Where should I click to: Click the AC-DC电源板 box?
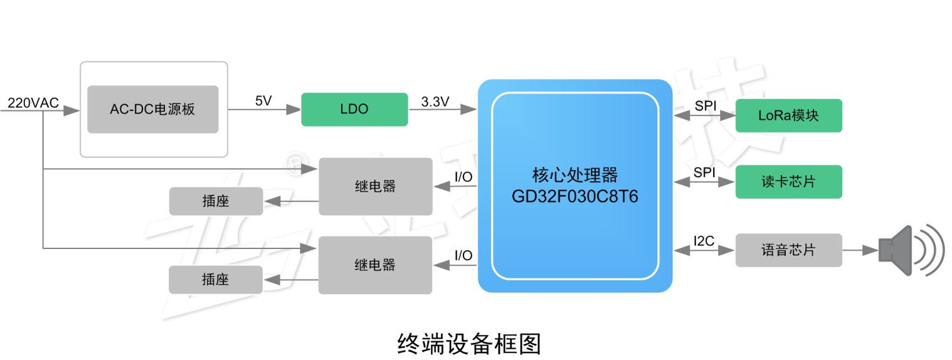152,109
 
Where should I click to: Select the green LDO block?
355,109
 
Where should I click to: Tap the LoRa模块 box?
788,115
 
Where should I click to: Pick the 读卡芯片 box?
788,182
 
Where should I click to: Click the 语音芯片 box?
788,250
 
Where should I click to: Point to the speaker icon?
909,250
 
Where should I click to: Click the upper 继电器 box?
375,186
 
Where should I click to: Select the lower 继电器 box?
375,265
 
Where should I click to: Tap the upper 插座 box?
216,201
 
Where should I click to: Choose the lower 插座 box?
216,280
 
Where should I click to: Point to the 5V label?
263,101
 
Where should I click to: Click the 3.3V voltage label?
435,101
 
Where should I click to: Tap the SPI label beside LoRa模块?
705,106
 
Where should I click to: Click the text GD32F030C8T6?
574,196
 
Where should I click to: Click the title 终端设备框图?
468,344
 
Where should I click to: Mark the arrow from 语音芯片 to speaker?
860,250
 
